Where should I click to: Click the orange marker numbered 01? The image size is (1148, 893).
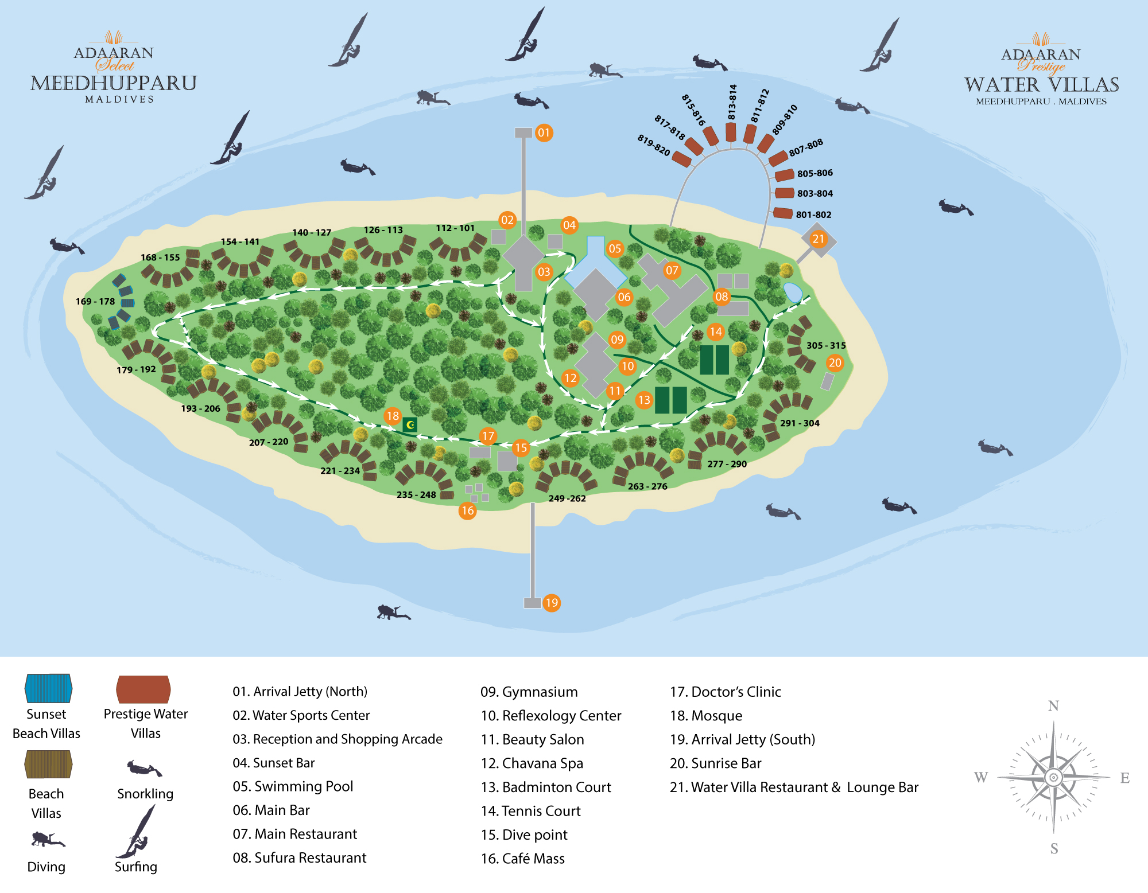tap(544, 133)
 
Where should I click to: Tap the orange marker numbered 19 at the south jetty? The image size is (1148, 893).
tap(552, 603)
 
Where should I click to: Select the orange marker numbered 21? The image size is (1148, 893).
tap(819, 239)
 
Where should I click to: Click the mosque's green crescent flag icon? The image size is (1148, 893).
tap(410, 424)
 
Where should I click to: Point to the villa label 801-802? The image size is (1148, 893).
tap(813, 215)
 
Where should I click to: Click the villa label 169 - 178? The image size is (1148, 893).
tap(95, 302)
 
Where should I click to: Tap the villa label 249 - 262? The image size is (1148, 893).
tap(567, 498)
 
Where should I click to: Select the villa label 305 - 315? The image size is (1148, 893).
tap(826, 346)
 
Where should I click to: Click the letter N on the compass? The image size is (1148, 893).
tap(1053, 706)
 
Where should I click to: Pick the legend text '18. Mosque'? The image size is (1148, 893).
tap(706, 716)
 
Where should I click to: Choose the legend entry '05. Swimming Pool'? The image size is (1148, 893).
tap(293, 786)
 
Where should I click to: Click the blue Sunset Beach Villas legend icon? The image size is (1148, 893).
tap(48, 688)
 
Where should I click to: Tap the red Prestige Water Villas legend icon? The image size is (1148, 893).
tap(143, 689)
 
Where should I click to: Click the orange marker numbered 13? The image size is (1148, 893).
tap(644, 400)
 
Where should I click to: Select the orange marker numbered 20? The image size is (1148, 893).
tap(835, 362)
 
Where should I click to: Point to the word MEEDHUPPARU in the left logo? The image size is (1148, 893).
tap(114, 83)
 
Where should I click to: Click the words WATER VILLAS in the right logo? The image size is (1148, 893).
tap(1042, 85)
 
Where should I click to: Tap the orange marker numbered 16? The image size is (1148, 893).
tap(468, 510)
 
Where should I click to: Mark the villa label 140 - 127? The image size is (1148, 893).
tap(312, 233)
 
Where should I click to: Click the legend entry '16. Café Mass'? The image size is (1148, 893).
tap(523, 859)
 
